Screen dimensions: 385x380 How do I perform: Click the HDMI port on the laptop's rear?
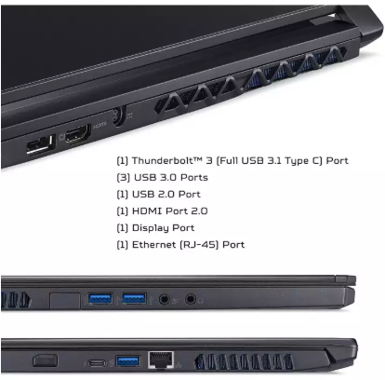(x=78, y=133)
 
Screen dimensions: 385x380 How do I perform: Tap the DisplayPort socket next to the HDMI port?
(x=41, y=144)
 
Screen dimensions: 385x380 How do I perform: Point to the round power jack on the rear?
(x=119, y=116)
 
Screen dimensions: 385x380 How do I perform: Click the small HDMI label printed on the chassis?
(x=100, y=125)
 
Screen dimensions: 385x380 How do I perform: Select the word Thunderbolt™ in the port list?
(x=167, y=160)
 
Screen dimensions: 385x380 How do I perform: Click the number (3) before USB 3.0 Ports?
(x=124, y=178)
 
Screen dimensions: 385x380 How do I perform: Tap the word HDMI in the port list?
(x=148, y=211)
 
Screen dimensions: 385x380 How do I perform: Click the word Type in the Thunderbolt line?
(x=297, y=161)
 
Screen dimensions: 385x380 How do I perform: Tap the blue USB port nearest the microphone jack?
(x=134, y=299)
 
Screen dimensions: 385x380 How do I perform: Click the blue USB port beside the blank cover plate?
(x=100, y=299)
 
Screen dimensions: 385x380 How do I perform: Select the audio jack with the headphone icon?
(x=191, y=300)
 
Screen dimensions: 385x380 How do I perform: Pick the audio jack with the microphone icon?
(x=165, y=300)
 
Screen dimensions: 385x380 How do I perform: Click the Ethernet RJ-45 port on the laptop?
(x=161, y=360)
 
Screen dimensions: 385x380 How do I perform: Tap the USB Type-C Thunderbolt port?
(x=97, y=362)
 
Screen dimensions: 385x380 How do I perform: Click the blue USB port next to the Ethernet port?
(x=128, y=361)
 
